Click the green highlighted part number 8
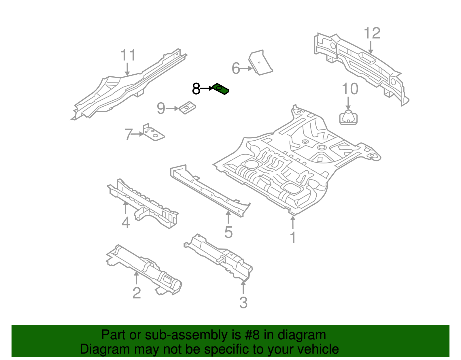pyautogui.click(x=221, y=89)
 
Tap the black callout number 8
pyautogui.click(x=196, y=89)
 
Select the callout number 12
pyautogui.click(x=372, y=33)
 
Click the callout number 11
pyautogui.click(x=128, y=55)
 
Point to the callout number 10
pyautogui.click(x=350, y=89)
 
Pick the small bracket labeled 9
pyautogui.click(x=188, y=108)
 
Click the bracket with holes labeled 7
pyautogui.click(x=153, y=133)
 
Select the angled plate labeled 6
pyautogui.click(x=261, y=63)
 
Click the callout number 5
pyautogui.click(x=228, y=232)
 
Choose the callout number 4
pyautogui.click(x=126, y=223)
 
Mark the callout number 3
pyautogui.click(x=243, y=303)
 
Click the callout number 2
pyautogui.click(x=137, y=293)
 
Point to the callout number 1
pyautogui.click(x=293, y=238)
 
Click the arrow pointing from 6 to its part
pyautogui.click(x=246, y=69)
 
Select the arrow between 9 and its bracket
pyautogui.click(x=172, y=109)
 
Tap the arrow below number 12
pyautogui.click(x=371, y=47)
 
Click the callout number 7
pyautogui.click(x=129, y=134)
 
